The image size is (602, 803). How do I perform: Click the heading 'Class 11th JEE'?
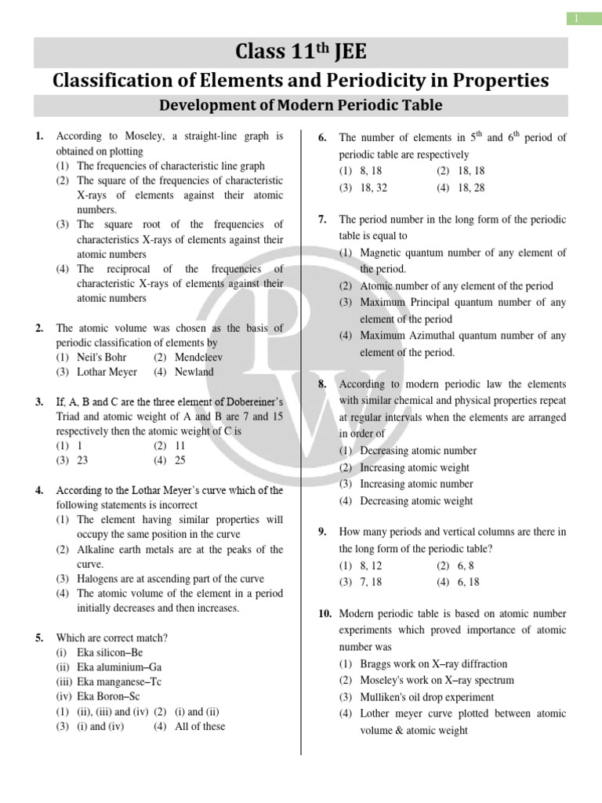(301, 52)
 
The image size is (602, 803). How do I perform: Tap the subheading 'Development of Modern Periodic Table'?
(301, 105)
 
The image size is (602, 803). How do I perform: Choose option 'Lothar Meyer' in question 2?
(107, 372)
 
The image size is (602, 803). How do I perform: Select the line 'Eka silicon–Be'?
(110, 652)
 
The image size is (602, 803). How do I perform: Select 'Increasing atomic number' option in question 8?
(416, 484)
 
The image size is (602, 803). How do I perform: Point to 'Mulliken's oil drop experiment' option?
(426, 697)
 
